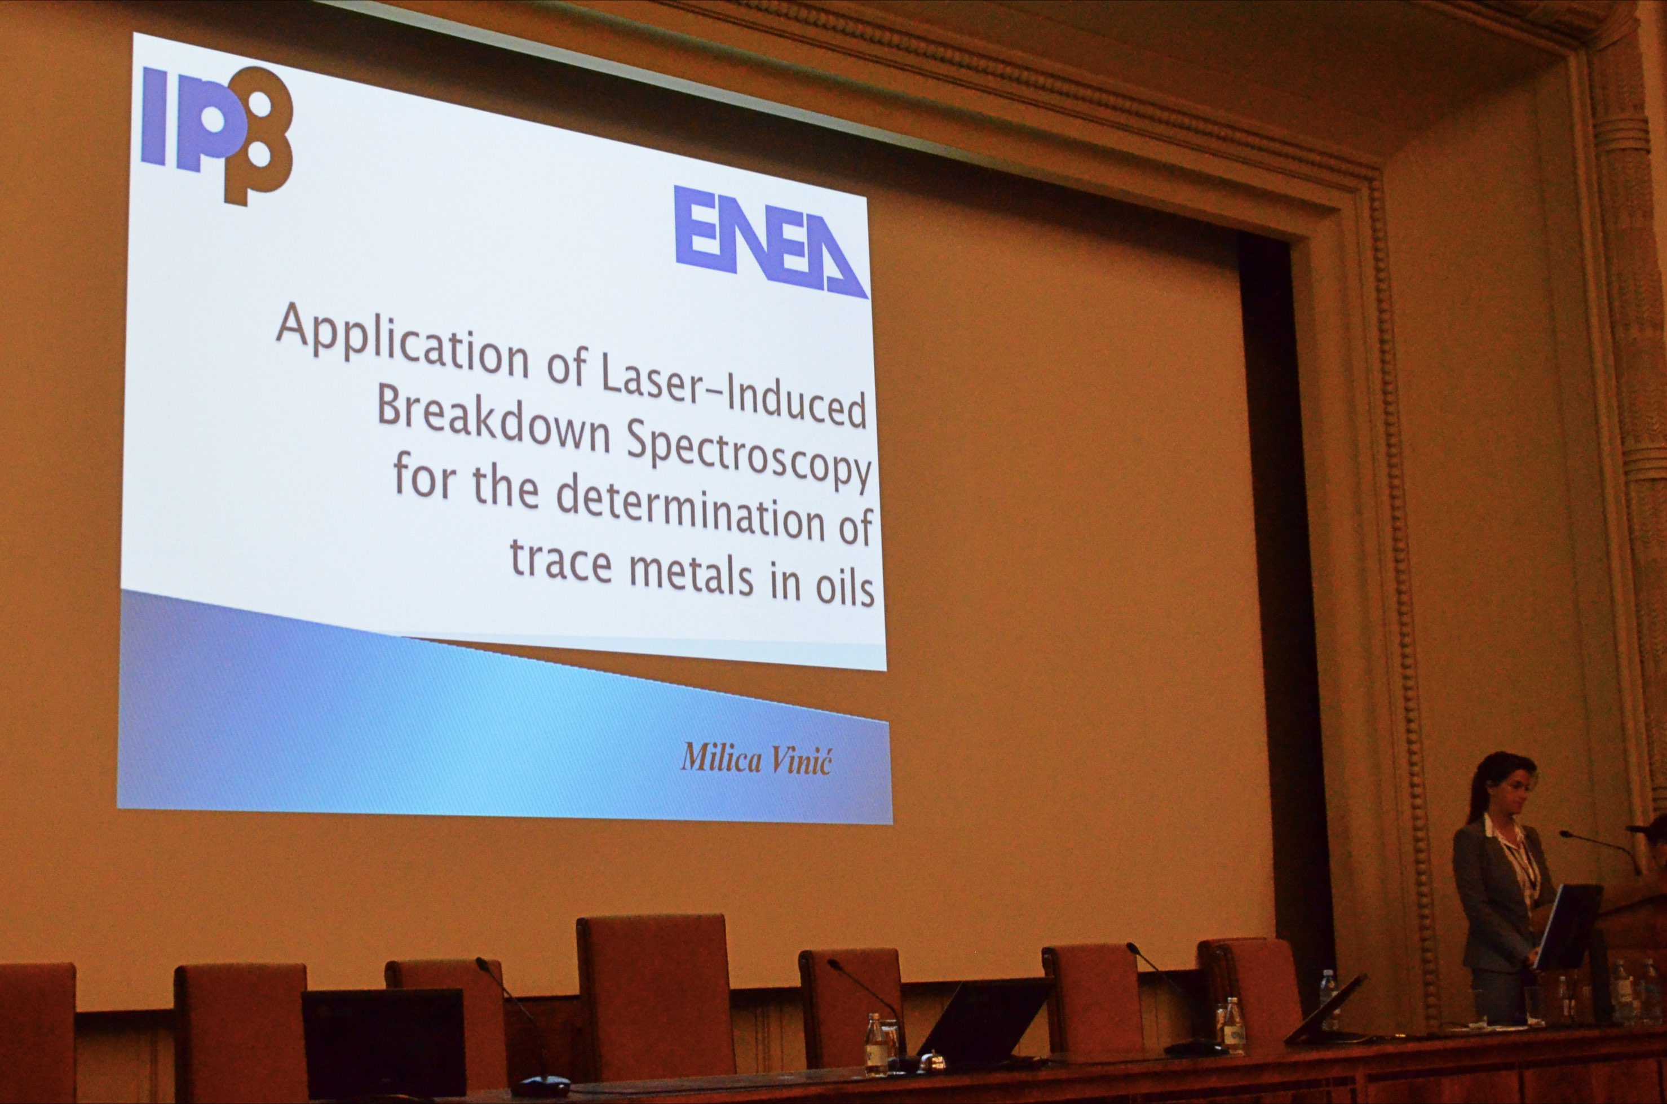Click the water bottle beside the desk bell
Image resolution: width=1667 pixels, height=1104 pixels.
pyautogui.click(x=875, y=1044)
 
